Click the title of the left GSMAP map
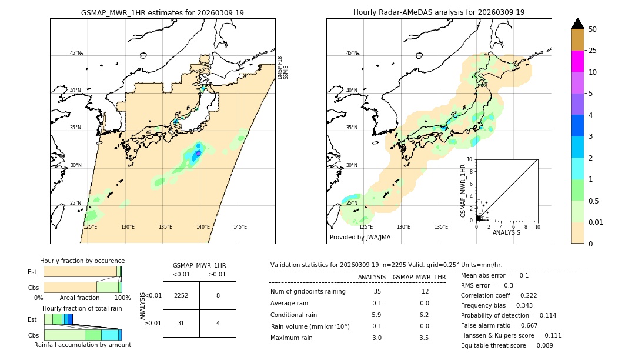pyautogui.click(x=162, y=12)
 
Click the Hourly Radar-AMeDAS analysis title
pyautogui.click(x=439, y=12)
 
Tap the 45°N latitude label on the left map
pyautogui.click(x=75, y=53)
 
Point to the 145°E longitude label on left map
pyautogui.click(x=240, y=227)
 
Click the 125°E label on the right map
pyautogui.click(x=366, y=227)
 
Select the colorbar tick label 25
pyautogui.click(x=593, y=51)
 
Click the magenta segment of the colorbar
pyautogui.click(x=578, y=61)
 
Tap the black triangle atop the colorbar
pyautogui.click(x=578, y=24)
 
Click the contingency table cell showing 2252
pyautogui.click(x=181, y=295)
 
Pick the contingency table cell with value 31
pyautogui.click(x=181, y=323)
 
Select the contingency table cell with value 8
pyautogui.click(x=218, y=295)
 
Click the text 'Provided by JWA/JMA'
pyautogui.click(x=360, y=238)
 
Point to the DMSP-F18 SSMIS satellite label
pyautogui.click(x=283, y=68)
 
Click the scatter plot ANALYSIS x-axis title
pyautogui.click(x=506, y=233)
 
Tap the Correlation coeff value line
pyautogui.click(x=499, y=295)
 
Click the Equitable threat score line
pyautogui.click(x=507, y=345)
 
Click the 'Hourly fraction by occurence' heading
pyautogui.click(x=82, y=261)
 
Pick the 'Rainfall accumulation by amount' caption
pyautogui.click(x=82, y=345)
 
